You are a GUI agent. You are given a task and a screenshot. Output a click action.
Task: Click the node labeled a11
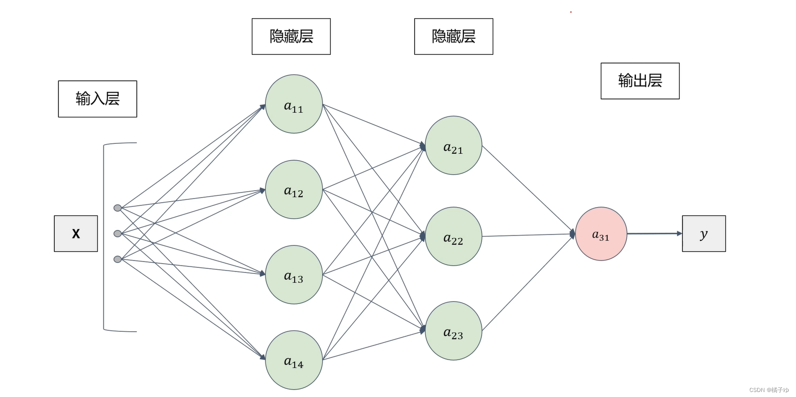click(294, 104)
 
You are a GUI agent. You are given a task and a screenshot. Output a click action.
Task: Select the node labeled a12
click(294, 189)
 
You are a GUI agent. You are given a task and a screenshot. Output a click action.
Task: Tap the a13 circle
click(294, 275)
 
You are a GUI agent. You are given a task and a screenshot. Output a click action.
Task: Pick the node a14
click(294, 360)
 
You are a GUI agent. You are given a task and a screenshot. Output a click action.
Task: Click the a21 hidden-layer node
click(453, 145)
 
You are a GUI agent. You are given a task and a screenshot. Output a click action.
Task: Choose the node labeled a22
click(453, 236)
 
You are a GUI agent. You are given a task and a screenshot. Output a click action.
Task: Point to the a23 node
click(453, 331)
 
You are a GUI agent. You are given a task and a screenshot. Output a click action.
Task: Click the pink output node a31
click(601, 234)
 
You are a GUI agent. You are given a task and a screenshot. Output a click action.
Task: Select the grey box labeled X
click(76, 234)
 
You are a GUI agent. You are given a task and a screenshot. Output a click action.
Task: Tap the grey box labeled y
click(703, 234)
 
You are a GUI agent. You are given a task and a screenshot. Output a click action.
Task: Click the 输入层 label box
click(98, 99)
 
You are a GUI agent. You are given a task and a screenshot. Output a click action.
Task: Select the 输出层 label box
click(640, 81)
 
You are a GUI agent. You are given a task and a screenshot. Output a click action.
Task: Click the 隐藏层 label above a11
click(291, 37)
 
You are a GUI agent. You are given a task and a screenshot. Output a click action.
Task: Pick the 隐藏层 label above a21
click(453, 37)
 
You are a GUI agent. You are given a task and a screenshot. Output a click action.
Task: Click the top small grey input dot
click(118, 208)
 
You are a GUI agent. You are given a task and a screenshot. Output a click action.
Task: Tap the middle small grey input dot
click(118, 234)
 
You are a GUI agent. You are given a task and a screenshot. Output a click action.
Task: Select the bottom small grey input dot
click(118, 259)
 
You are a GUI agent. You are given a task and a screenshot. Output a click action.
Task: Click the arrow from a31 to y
click(654, 234)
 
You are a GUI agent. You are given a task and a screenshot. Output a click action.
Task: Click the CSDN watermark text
click(769, 390)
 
